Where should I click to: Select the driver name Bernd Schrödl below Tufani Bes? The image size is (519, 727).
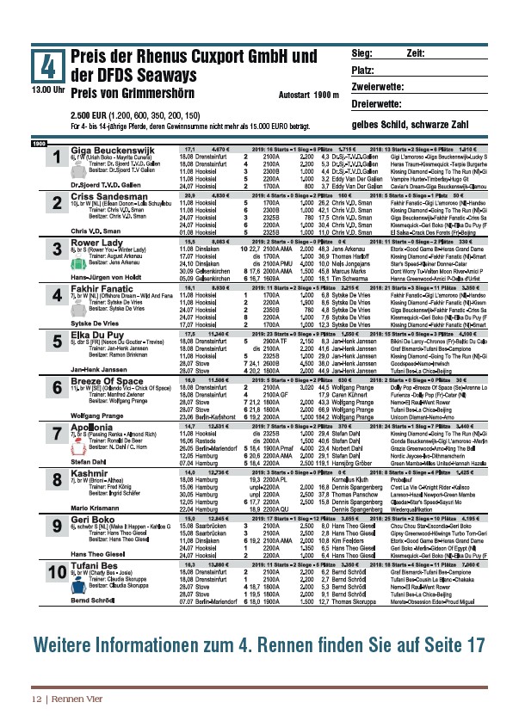coord(96,601)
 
